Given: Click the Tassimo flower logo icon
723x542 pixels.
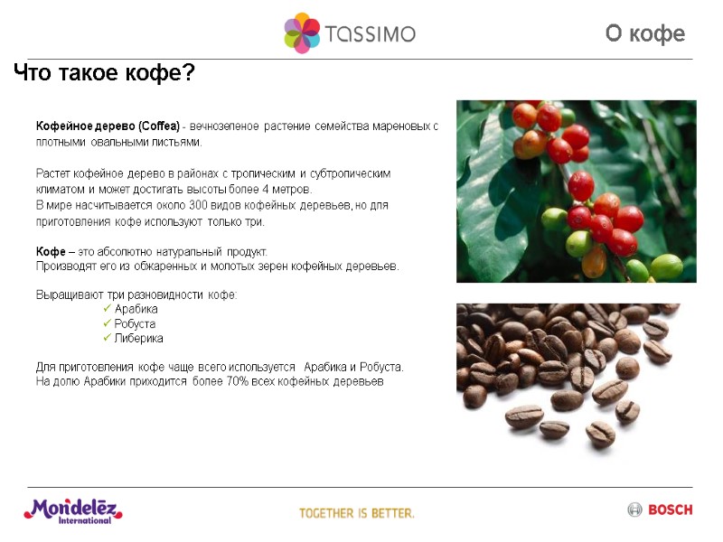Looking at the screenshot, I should click(302, 33).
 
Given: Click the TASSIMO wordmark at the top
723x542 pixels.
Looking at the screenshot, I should click(370, 34).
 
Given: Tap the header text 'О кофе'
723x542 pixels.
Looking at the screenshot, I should click(644, 34).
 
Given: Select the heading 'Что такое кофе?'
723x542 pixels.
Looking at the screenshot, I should click(104, 73).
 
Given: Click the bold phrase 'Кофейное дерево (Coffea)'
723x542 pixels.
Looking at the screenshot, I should click(108, 125).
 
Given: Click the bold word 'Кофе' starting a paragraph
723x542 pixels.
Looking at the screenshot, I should click(51, 251).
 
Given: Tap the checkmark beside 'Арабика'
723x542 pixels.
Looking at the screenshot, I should click(108, 309).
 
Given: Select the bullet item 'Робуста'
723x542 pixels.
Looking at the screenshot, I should click(135, 323).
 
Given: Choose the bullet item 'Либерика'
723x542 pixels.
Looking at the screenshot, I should click(138, 338).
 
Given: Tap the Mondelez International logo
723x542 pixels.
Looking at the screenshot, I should click(72, 510).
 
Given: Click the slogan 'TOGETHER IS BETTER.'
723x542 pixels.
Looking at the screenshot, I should click(357, 513).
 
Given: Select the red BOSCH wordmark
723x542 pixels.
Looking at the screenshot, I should click(670, 509).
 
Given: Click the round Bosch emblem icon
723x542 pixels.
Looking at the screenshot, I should click(634, 509).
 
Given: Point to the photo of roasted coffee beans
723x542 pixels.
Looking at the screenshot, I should click(565, 370).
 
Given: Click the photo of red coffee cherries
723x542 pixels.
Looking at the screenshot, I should click(576, 191).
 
